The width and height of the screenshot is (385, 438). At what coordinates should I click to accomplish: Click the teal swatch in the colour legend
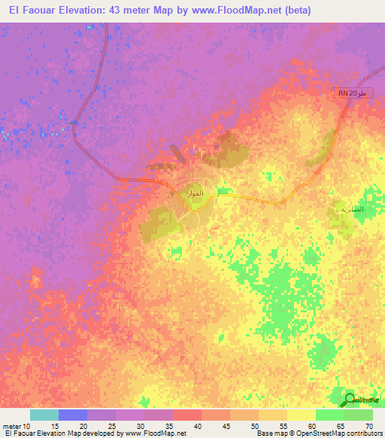coord(44,415)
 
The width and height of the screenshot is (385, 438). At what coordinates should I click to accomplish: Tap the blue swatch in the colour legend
coord(73,415)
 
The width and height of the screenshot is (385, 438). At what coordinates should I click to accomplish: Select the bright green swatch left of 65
coord(330,415)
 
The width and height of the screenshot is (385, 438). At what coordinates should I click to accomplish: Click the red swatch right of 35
coord(187,415)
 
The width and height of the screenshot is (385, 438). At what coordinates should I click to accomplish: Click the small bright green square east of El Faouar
coord(223,191)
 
